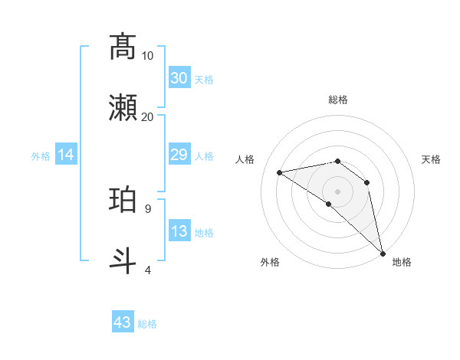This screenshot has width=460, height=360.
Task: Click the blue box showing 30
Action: pyautogui.click(x=179, y=78)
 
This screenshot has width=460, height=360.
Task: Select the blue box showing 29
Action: pyautogui.click(x=179, y=155)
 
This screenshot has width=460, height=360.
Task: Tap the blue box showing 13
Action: pyautogui.click(x=179, y=232)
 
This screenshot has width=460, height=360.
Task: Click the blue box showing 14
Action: pyautogui.click(x=66, y=155)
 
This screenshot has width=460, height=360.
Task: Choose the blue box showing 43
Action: pyautogui.click(x=123, y=322)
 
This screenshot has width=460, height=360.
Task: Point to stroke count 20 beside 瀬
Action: pyautogui.click(x=148, y=116)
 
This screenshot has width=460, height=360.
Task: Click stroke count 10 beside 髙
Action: pyautogui.click(x=148, y=55)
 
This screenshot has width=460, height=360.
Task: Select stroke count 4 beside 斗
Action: pyautogui.click(x=148, y=270)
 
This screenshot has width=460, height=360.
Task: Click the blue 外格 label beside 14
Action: pyautogui.click(x=41, y=156)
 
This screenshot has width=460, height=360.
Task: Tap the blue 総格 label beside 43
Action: pyautogui.click(x=147, y=323)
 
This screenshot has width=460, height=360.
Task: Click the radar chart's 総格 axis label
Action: pyautogui.click(x=338, y=100)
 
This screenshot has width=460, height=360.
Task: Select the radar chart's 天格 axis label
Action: pyautogui.click(x=431, y=159)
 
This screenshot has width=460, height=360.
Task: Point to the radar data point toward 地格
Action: pyautogui.click(x=383, y=251)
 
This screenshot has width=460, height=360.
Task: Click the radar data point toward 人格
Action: pyautogui.click(x=280, y=172)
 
